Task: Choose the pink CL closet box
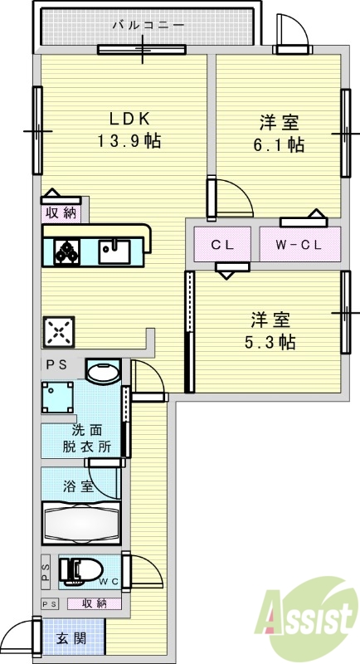point(221,245)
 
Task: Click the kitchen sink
point(114,250)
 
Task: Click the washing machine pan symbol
point(58,398)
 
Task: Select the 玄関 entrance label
point(71,638)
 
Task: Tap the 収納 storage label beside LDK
point(61,212)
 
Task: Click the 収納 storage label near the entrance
point(93,603)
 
